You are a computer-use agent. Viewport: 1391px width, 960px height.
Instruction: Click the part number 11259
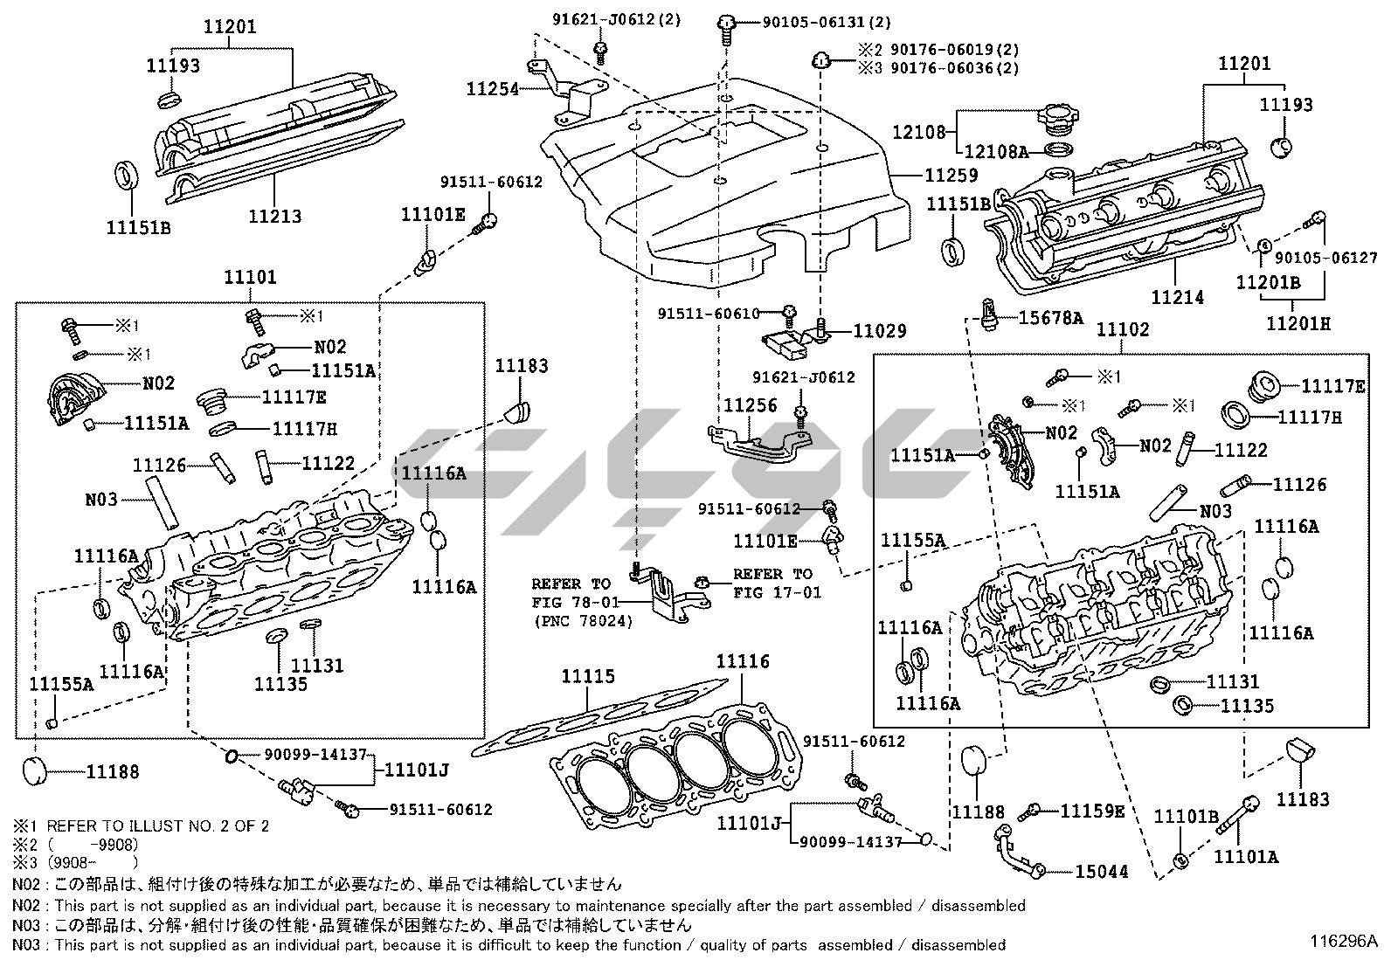(951, 176)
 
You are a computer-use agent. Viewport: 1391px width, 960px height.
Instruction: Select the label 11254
(493, 87)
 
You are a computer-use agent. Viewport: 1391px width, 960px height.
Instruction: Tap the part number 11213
(274, 217)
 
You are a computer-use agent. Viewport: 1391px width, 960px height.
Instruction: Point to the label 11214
(1177, 297)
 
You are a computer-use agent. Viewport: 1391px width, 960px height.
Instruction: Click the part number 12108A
(996, 151)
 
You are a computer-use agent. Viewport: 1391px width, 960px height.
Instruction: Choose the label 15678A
(1050, 318)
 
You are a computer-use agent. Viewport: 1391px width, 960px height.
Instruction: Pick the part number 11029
(880, 331)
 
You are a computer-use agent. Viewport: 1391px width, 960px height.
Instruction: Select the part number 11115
(587, 676)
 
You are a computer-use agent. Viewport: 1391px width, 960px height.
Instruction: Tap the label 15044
(1101, 871)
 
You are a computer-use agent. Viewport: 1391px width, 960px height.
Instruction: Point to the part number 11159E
(1092, 812)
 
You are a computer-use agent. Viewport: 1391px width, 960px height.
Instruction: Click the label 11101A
(1246, 857)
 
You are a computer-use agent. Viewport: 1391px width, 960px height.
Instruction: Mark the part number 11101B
(1186, 817)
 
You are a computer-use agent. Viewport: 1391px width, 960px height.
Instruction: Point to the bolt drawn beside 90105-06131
(725, 24)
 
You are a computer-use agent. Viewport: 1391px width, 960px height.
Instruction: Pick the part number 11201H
(1298, 323)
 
